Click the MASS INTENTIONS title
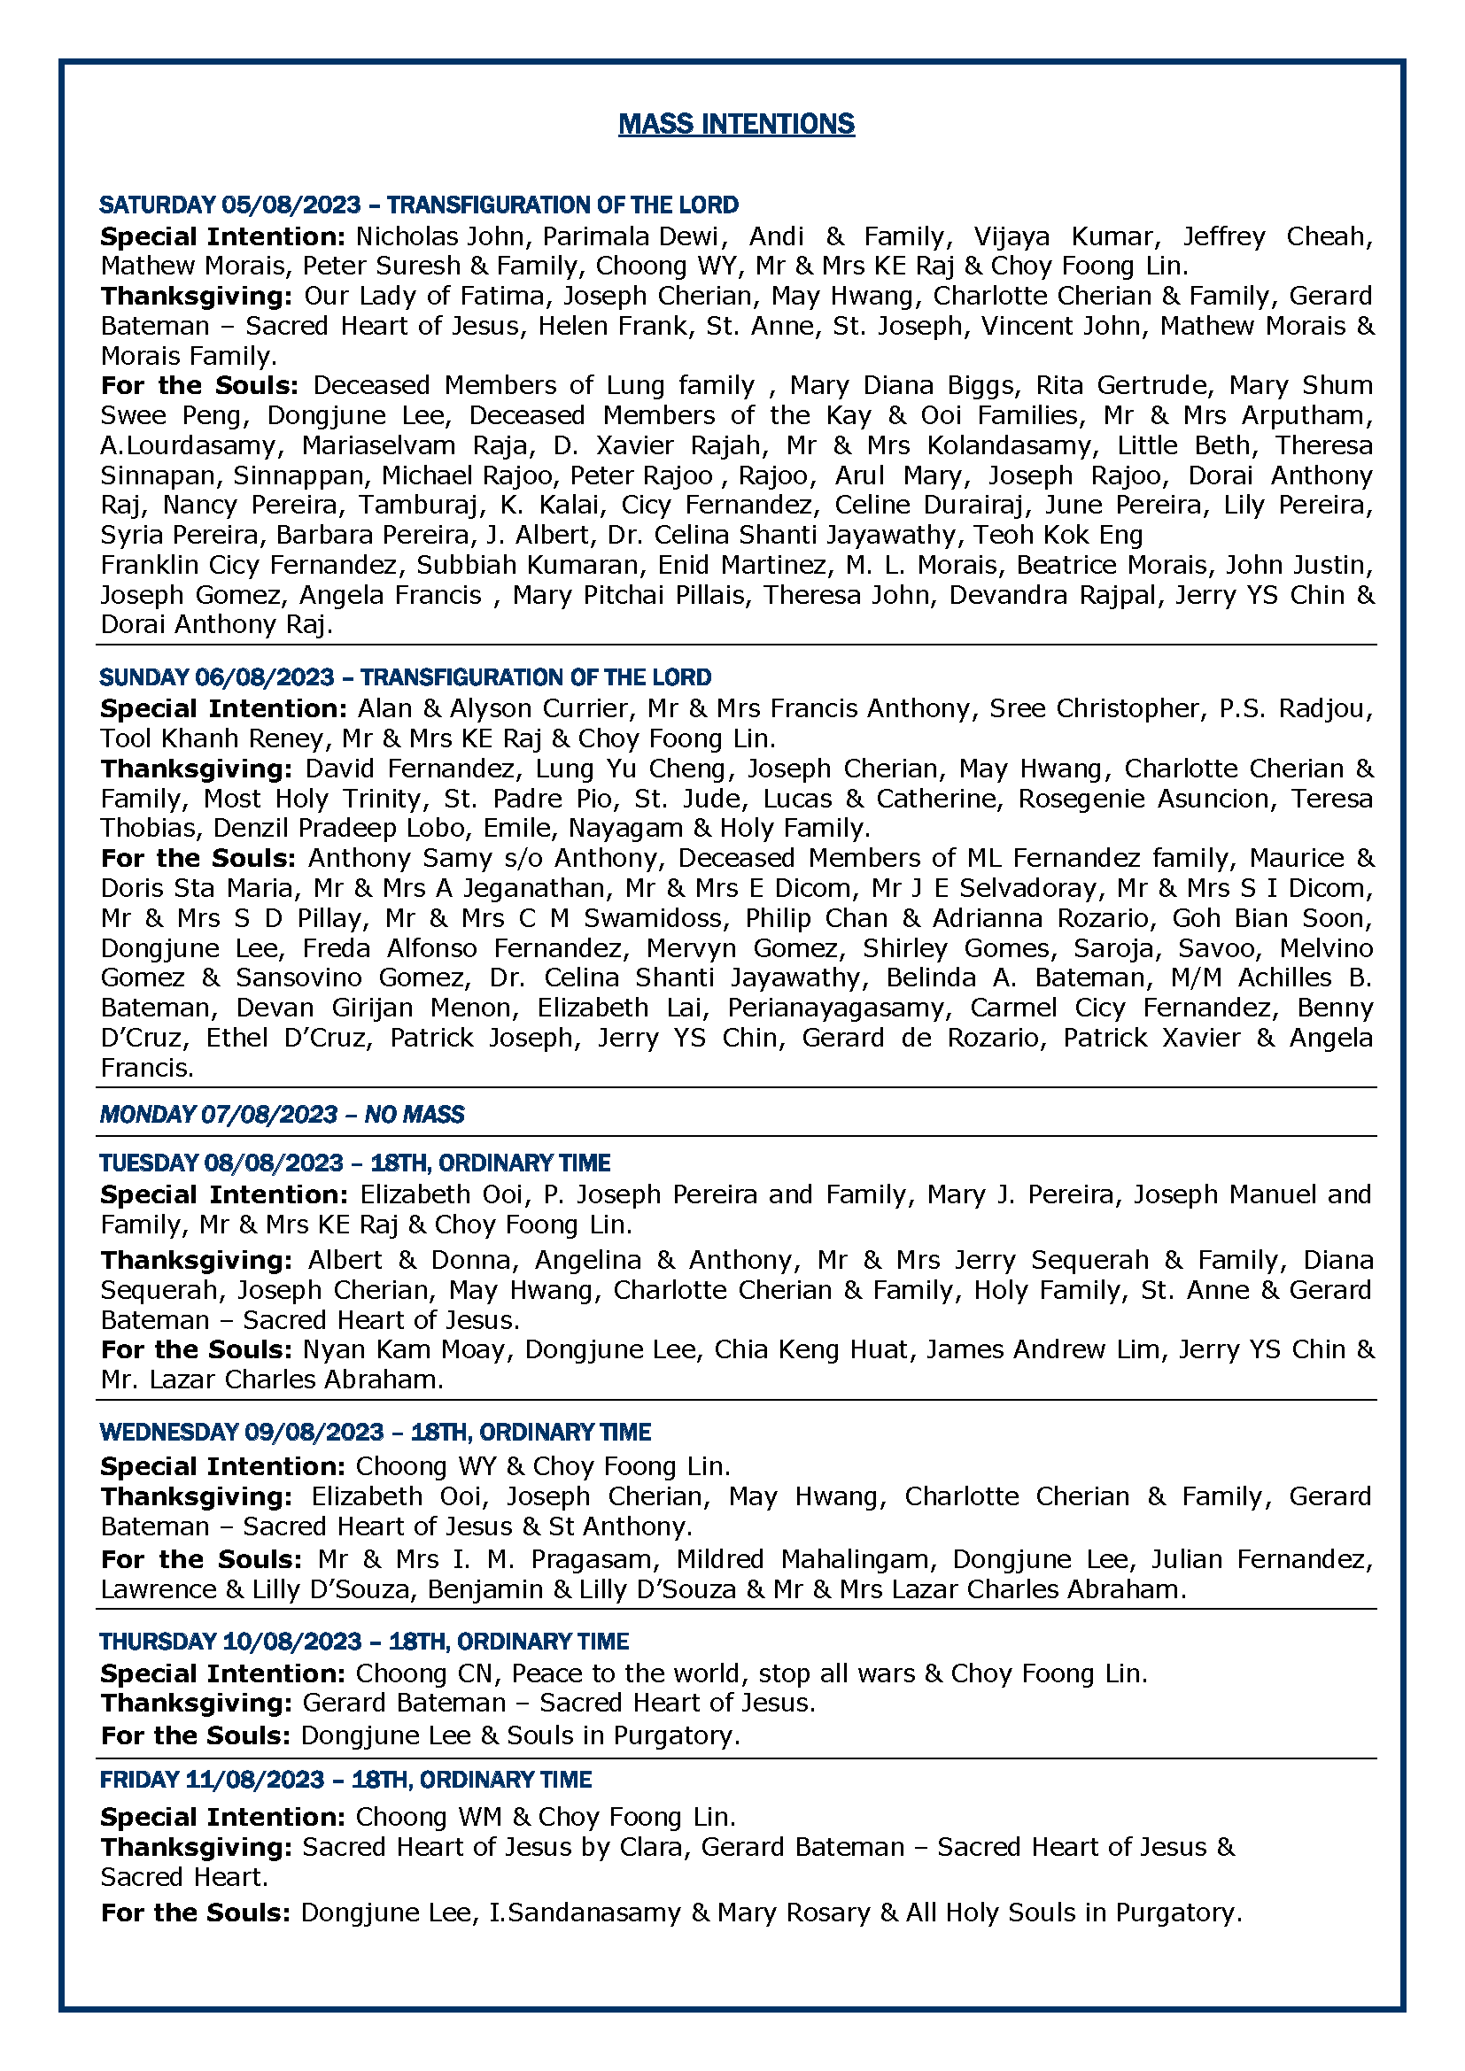[736, 124]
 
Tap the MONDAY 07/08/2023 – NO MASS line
[282, 1114]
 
